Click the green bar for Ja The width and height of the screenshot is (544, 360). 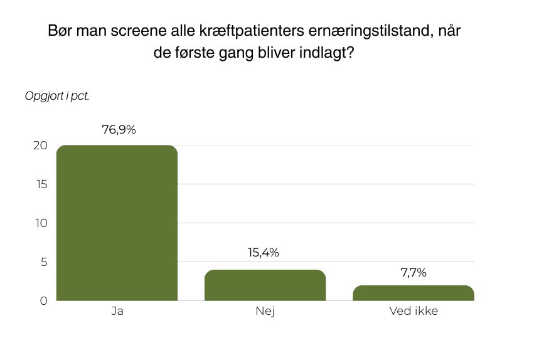point(117,223)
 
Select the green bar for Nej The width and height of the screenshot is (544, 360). point(265,285)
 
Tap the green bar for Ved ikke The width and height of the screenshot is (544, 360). point(413,293)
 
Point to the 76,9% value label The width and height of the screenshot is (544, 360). point(119,130)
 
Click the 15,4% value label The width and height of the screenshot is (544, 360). point(264,253)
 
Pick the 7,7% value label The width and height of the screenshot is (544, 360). point(413,272)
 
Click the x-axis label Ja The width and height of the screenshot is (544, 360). point(116,312)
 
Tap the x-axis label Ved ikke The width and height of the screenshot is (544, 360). point(413,312)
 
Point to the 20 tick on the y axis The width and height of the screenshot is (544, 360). point(41,145)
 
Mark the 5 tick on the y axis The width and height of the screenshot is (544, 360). point(44,262)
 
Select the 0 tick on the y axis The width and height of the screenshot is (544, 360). point(44,301)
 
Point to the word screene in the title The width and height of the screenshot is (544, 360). point(145,32)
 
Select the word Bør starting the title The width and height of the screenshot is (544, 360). point(61,32)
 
